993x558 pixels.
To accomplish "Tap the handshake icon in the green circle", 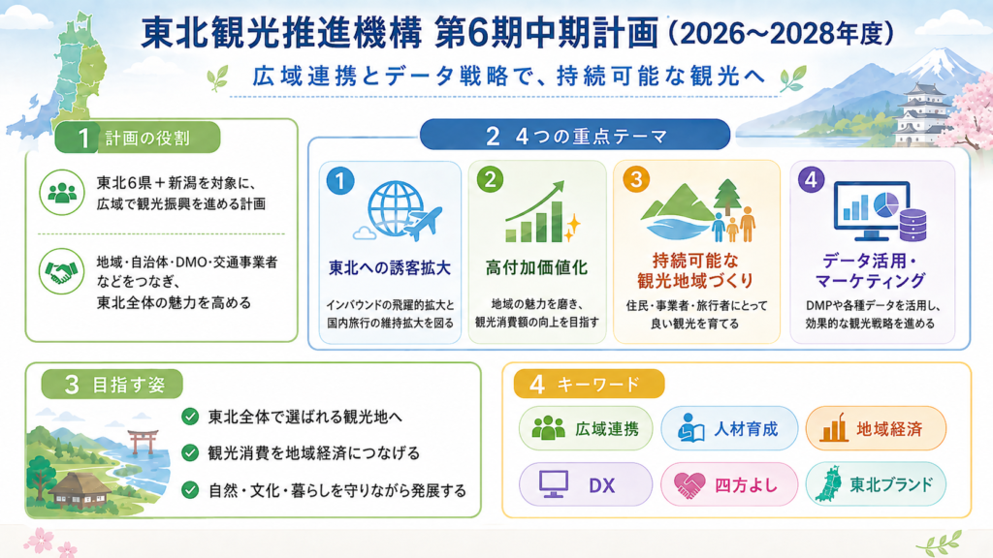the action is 61,271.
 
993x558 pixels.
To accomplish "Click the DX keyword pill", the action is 585,484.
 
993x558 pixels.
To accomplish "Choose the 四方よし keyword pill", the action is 729,484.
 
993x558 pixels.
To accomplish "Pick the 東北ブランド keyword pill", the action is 876,484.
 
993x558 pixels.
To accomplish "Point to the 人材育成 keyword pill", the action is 729,428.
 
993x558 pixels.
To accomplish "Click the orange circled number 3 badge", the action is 636,179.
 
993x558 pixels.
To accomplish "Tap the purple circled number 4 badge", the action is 812,179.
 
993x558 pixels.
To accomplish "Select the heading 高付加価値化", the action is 537,267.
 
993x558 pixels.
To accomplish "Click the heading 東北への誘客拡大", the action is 390,267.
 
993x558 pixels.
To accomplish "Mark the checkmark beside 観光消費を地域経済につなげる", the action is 190,453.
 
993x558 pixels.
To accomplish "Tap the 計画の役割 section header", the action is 138,138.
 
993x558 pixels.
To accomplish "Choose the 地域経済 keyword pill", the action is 876,428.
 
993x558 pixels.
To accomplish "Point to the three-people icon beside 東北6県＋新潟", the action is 61,193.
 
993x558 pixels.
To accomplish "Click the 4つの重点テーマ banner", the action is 575,136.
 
